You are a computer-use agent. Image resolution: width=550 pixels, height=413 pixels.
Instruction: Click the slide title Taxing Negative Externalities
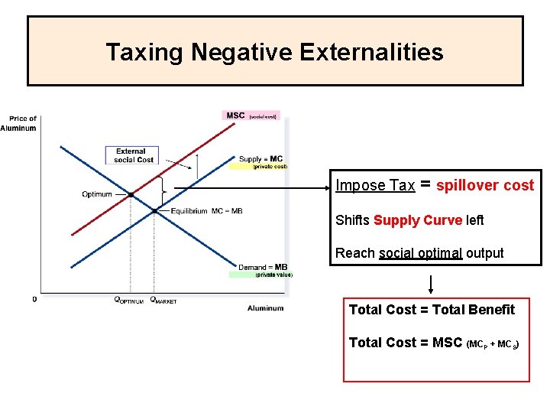tap(274, 52)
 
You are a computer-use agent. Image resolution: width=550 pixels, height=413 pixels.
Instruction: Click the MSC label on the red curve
tap(235, 115)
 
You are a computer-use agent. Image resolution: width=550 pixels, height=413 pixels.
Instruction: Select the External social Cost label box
tap(134, 155)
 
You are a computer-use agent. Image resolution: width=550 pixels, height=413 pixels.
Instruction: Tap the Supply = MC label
tap(260, 159)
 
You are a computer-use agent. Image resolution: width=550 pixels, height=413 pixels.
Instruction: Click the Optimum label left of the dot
tap(97, 194)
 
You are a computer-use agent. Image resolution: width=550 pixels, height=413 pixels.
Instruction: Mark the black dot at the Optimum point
tap(131, 195)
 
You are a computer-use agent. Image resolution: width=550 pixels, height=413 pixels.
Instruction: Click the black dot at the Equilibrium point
tap(155, 210)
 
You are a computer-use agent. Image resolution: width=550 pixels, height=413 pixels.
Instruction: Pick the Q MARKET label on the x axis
tap(163, 301)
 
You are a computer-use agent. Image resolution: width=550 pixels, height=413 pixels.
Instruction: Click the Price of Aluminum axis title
tap(18, 123)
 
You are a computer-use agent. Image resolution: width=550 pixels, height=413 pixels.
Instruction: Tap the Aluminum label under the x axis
tap(265, 308)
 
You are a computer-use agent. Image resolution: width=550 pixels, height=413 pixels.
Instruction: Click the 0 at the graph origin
tap(34, 300)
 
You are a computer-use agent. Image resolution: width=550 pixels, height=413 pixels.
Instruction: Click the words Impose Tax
tap(375, 186)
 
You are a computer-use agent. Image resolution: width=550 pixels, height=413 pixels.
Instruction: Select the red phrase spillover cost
tap(485, 186)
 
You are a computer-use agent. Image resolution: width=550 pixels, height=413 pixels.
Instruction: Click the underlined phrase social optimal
tap(420, 253)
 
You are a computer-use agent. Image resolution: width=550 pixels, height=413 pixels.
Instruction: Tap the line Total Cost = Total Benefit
tap(432, 310)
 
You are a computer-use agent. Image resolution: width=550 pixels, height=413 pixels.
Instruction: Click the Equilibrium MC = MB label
tap(206, 211)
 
